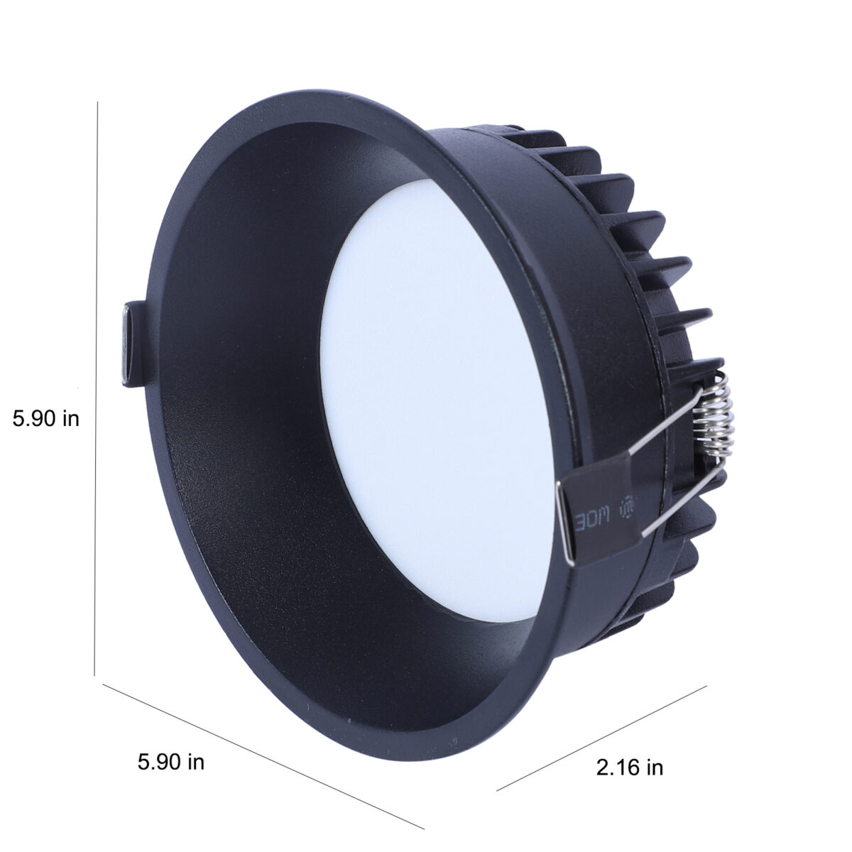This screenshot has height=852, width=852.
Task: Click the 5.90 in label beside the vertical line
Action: [x=45, y=417]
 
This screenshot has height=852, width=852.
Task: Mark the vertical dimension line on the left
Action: [x=96, y=394]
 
